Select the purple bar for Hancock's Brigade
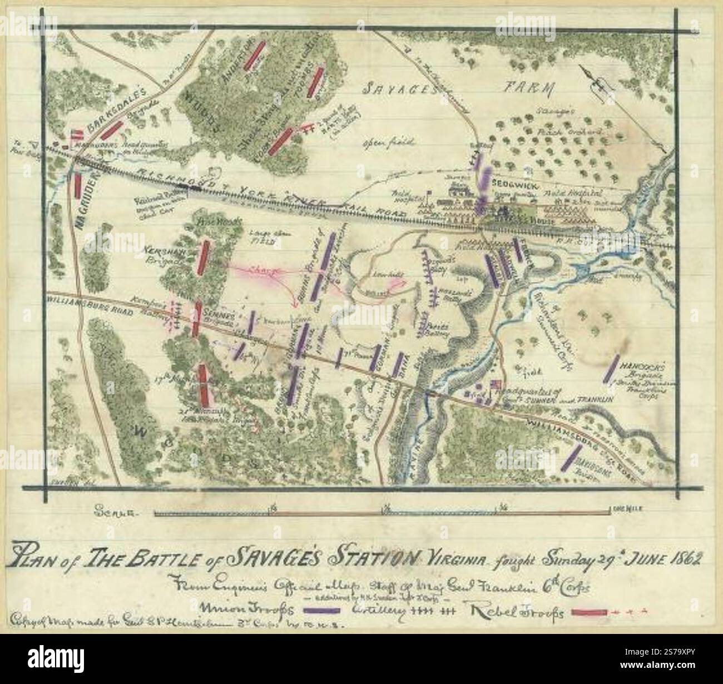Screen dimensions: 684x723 pos(612,368)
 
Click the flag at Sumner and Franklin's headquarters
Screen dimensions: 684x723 pos(494,385)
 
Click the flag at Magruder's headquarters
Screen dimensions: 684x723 pos(78,135)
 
